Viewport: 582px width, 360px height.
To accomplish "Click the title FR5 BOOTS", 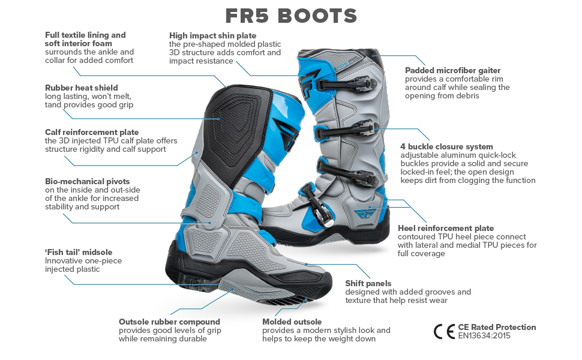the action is coord(291,16).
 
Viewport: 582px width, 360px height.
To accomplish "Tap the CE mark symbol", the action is coord(444,331).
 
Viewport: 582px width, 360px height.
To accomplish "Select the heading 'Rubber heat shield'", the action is coord(82,88).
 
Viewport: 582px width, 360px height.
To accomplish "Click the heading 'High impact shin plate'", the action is coord(212,36).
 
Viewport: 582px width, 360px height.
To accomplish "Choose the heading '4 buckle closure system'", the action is coord(446,146).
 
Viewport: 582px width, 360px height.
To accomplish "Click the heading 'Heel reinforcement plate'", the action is coord(446,228).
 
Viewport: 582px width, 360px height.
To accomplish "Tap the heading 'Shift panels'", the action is coord(368,283).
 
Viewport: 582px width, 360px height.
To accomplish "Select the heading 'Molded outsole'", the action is coord(292,322).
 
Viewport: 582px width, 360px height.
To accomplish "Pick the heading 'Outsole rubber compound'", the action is coord(169,322).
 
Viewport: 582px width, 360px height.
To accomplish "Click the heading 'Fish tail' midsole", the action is coord(79,252).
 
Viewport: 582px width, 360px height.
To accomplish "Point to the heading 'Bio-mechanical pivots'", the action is coord(87,181).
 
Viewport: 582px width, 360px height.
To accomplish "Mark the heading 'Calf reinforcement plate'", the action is coord(92,132).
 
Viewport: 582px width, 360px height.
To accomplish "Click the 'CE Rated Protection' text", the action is coord(497,327).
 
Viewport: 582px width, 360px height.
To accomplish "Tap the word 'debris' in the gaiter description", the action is coord(467,95).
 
